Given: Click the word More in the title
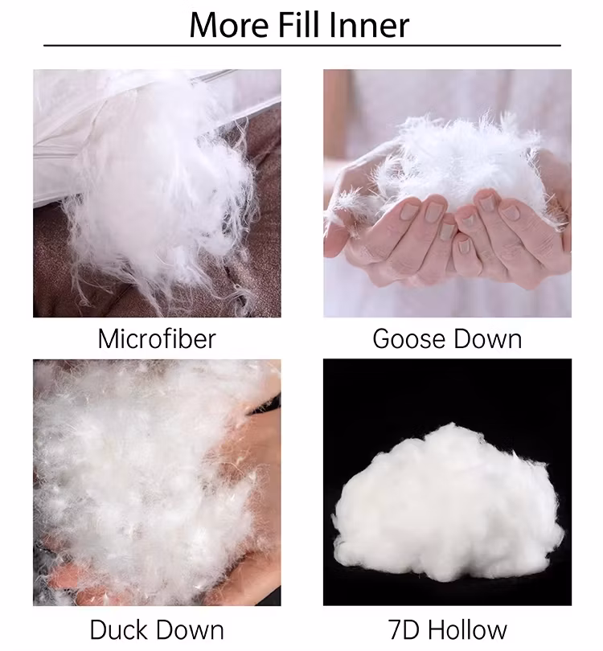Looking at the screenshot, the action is (x=229, y=26).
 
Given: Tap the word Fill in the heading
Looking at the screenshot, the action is (x=297, y=25).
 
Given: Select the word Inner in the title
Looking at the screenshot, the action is (x=368, y=26).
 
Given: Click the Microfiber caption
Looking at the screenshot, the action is (x=157, y=338).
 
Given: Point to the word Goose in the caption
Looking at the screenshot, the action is (x=409, y=339).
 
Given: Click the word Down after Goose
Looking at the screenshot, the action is (x=487, y=339).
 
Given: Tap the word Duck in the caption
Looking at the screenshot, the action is (x=120, y=629).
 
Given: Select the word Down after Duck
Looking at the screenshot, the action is (x=191, y=629).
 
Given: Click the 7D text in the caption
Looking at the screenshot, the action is (x=405, y=629).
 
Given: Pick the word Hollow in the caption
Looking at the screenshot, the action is (x=468, y=629).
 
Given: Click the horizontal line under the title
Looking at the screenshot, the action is (x=302, y=45).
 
